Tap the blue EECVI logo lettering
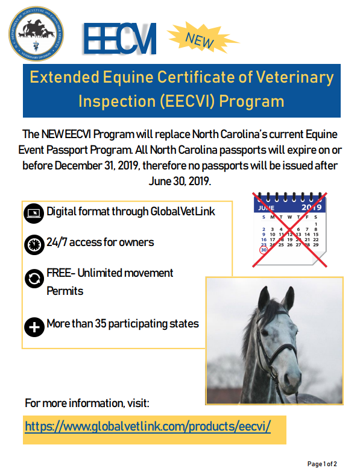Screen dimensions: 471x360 (x=120, y=39)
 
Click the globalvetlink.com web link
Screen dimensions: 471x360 (x=148, y=426)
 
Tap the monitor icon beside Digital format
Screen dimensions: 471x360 (x=34, y=212)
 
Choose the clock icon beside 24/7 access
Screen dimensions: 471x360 (x=34, y=244)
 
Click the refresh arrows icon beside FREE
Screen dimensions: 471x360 (x=34, y=279)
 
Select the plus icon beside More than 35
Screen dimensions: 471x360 (x=34, y=326)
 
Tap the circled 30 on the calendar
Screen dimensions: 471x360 (x=263, y=251)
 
